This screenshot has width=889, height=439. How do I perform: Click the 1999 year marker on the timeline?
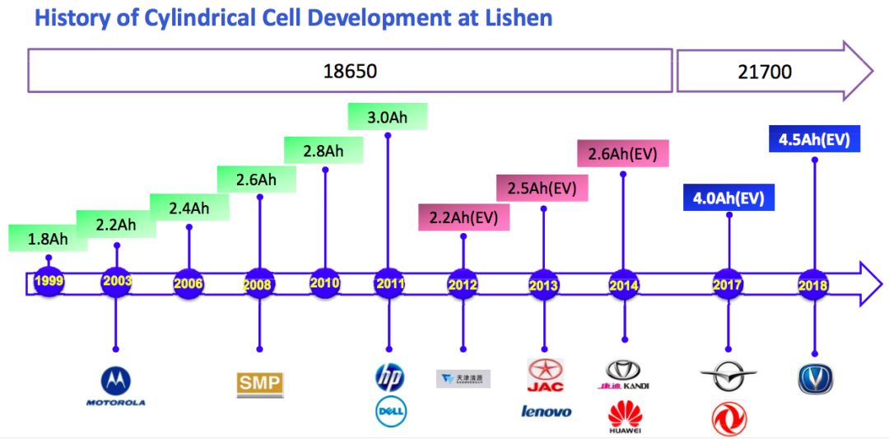tap(49, 281)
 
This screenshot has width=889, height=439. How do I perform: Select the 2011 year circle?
tap(389, 283)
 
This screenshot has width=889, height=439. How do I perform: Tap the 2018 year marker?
tap(813, 285)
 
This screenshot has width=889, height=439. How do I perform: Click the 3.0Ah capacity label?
tap(388, 117)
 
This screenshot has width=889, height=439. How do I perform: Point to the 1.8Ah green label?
tap(47, 239)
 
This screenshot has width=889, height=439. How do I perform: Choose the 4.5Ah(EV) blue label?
tap(814, 138)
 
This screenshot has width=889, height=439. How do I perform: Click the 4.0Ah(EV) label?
tap(728, 198)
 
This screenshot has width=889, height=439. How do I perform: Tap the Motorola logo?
tap(116, 386)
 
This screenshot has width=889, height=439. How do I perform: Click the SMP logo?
tap(259, 384)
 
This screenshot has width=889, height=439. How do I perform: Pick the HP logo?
tap(389, 378)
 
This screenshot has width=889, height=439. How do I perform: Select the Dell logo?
tap(391, 411)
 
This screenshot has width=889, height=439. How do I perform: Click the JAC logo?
tap(544, 376)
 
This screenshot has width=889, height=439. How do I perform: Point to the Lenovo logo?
tap(546, 411)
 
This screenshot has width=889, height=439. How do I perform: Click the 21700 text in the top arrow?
tap(765, 72)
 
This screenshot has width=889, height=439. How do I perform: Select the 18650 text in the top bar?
tap(349, 71)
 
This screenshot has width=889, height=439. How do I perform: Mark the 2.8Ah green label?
tap(324, 151)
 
